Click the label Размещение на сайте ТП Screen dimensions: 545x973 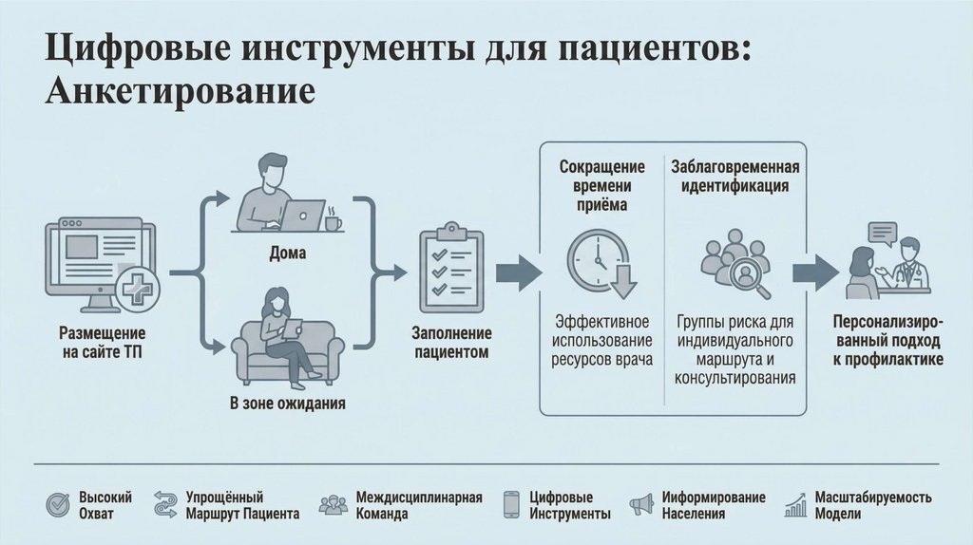(102, 344)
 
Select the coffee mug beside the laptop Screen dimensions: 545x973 (333, 222)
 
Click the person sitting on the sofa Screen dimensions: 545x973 (283, 332)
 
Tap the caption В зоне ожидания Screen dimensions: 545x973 (287, 403)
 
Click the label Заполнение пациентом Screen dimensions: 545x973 (450, 343)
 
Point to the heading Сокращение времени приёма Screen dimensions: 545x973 (601, 185)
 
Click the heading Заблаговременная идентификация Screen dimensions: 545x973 (735, 177)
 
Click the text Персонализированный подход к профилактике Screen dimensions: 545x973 (887, 340)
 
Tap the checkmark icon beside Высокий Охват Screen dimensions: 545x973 (58, 505)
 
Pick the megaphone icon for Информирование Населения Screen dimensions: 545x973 (642, 504)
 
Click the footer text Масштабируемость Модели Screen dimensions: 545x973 (872, 505)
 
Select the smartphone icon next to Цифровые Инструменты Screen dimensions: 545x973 (512, 505)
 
